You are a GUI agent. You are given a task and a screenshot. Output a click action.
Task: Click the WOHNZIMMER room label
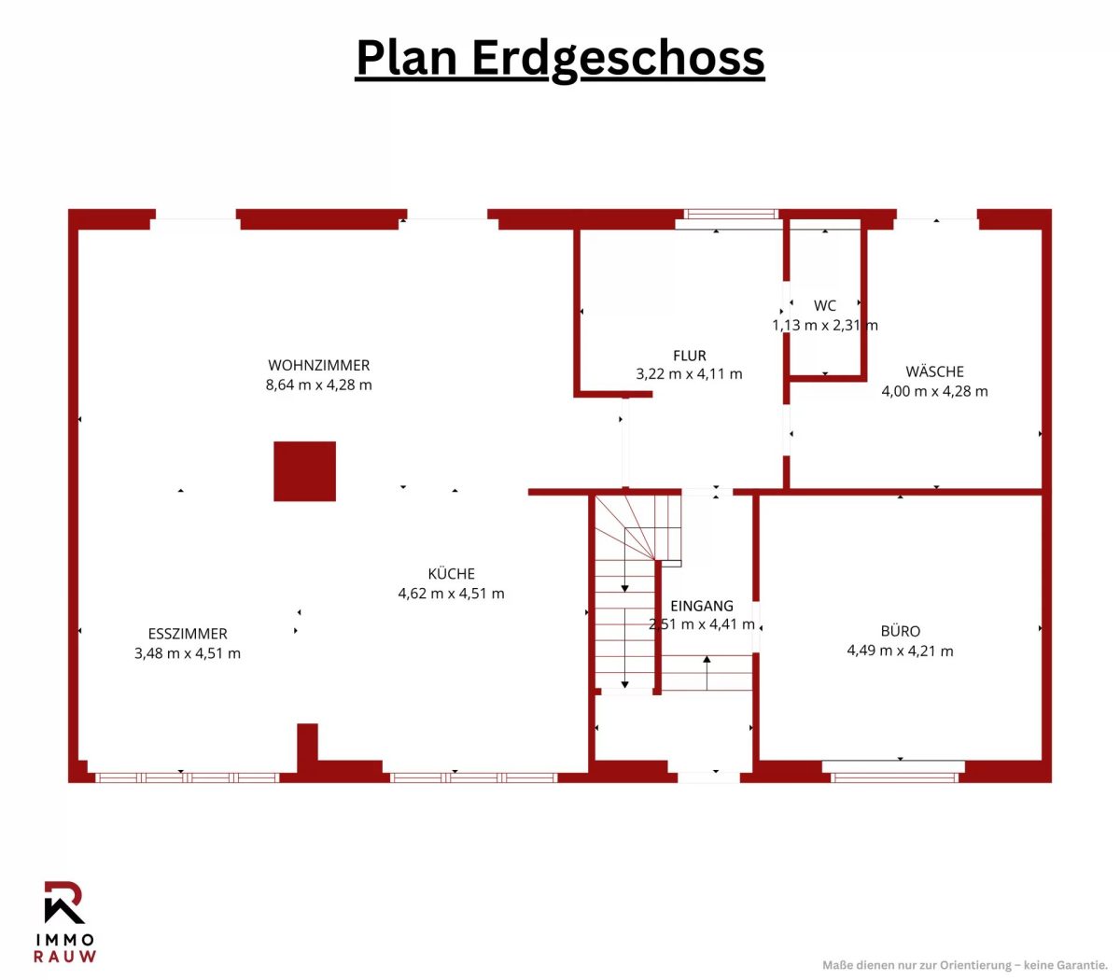[318, 365]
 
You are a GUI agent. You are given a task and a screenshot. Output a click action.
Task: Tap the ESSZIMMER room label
[188, 634]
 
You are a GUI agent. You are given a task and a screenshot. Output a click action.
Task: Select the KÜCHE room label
[451, 573]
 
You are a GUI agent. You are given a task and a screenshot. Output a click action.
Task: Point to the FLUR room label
[689, 356]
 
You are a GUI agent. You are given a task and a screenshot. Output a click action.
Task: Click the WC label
[824, 305]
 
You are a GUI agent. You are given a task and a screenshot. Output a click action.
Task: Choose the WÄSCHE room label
[934, 371]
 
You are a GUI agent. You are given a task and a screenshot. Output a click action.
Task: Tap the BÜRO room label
[900, 631]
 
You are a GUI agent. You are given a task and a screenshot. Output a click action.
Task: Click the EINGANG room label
[702, 606]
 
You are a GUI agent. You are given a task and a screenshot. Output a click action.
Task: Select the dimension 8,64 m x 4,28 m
[318, 385]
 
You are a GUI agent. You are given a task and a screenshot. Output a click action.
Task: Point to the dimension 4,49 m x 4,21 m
[900, 651]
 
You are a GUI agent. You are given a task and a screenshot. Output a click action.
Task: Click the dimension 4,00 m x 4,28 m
[934, 391]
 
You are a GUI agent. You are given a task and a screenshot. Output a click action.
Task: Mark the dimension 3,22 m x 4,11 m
[689, 374]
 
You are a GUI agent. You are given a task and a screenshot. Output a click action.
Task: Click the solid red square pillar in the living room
[304, 470]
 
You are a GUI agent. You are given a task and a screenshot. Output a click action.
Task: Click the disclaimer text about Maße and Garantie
[964, 965]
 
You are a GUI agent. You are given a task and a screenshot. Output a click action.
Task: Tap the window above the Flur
[731, 214]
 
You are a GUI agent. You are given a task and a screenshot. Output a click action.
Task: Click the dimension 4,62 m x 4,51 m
[451, 593]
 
